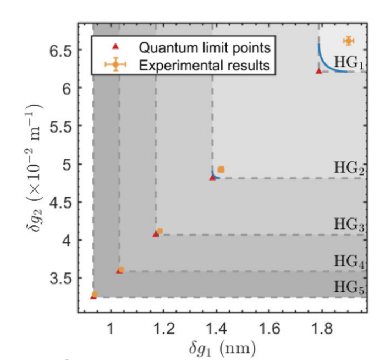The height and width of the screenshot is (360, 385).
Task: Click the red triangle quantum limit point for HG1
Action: [318, 71]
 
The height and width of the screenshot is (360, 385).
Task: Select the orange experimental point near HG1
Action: [348, 41]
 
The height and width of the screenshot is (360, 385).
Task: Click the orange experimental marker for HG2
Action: [221, 170]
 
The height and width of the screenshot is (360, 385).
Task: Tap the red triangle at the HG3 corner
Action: [156, 234]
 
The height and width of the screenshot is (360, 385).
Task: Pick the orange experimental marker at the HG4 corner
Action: [122, 270]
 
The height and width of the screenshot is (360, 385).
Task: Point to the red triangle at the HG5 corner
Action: [93, 297]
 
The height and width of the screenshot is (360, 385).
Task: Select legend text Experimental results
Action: [205, 66]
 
